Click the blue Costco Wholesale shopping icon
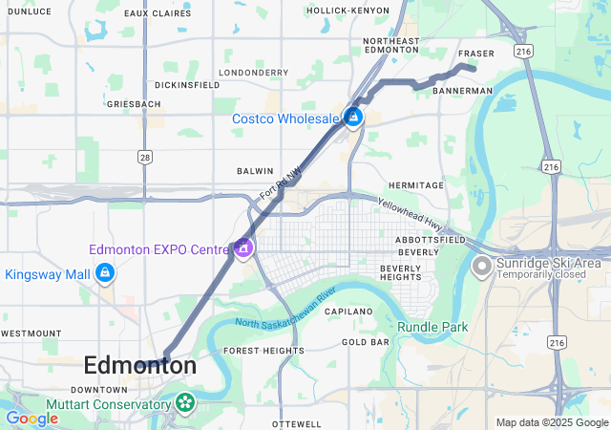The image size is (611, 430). pos(353,118)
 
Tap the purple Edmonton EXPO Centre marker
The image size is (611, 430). pos(243,248)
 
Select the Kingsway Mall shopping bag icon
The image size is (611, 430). pos(105,274)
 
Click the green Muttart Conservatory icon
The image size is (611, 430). pos(181,404)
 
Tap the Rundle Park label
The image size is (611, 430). pos(432,327)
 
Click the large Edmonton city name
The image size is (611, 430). pos(140,365)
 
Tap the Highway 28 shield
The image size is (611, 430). pos(145,156)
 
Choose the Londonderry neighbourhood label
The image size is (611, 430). pos(253,72)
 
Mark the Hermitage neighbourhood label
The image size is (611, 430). pos(416,184)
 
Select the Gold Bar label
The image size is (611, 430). pos(365,341)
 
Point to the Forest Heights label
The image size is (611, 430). pos(264,351)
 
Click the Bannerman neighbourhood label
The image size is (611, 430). pos(462,91)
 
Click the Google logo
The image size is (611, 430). pos(32,419)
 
